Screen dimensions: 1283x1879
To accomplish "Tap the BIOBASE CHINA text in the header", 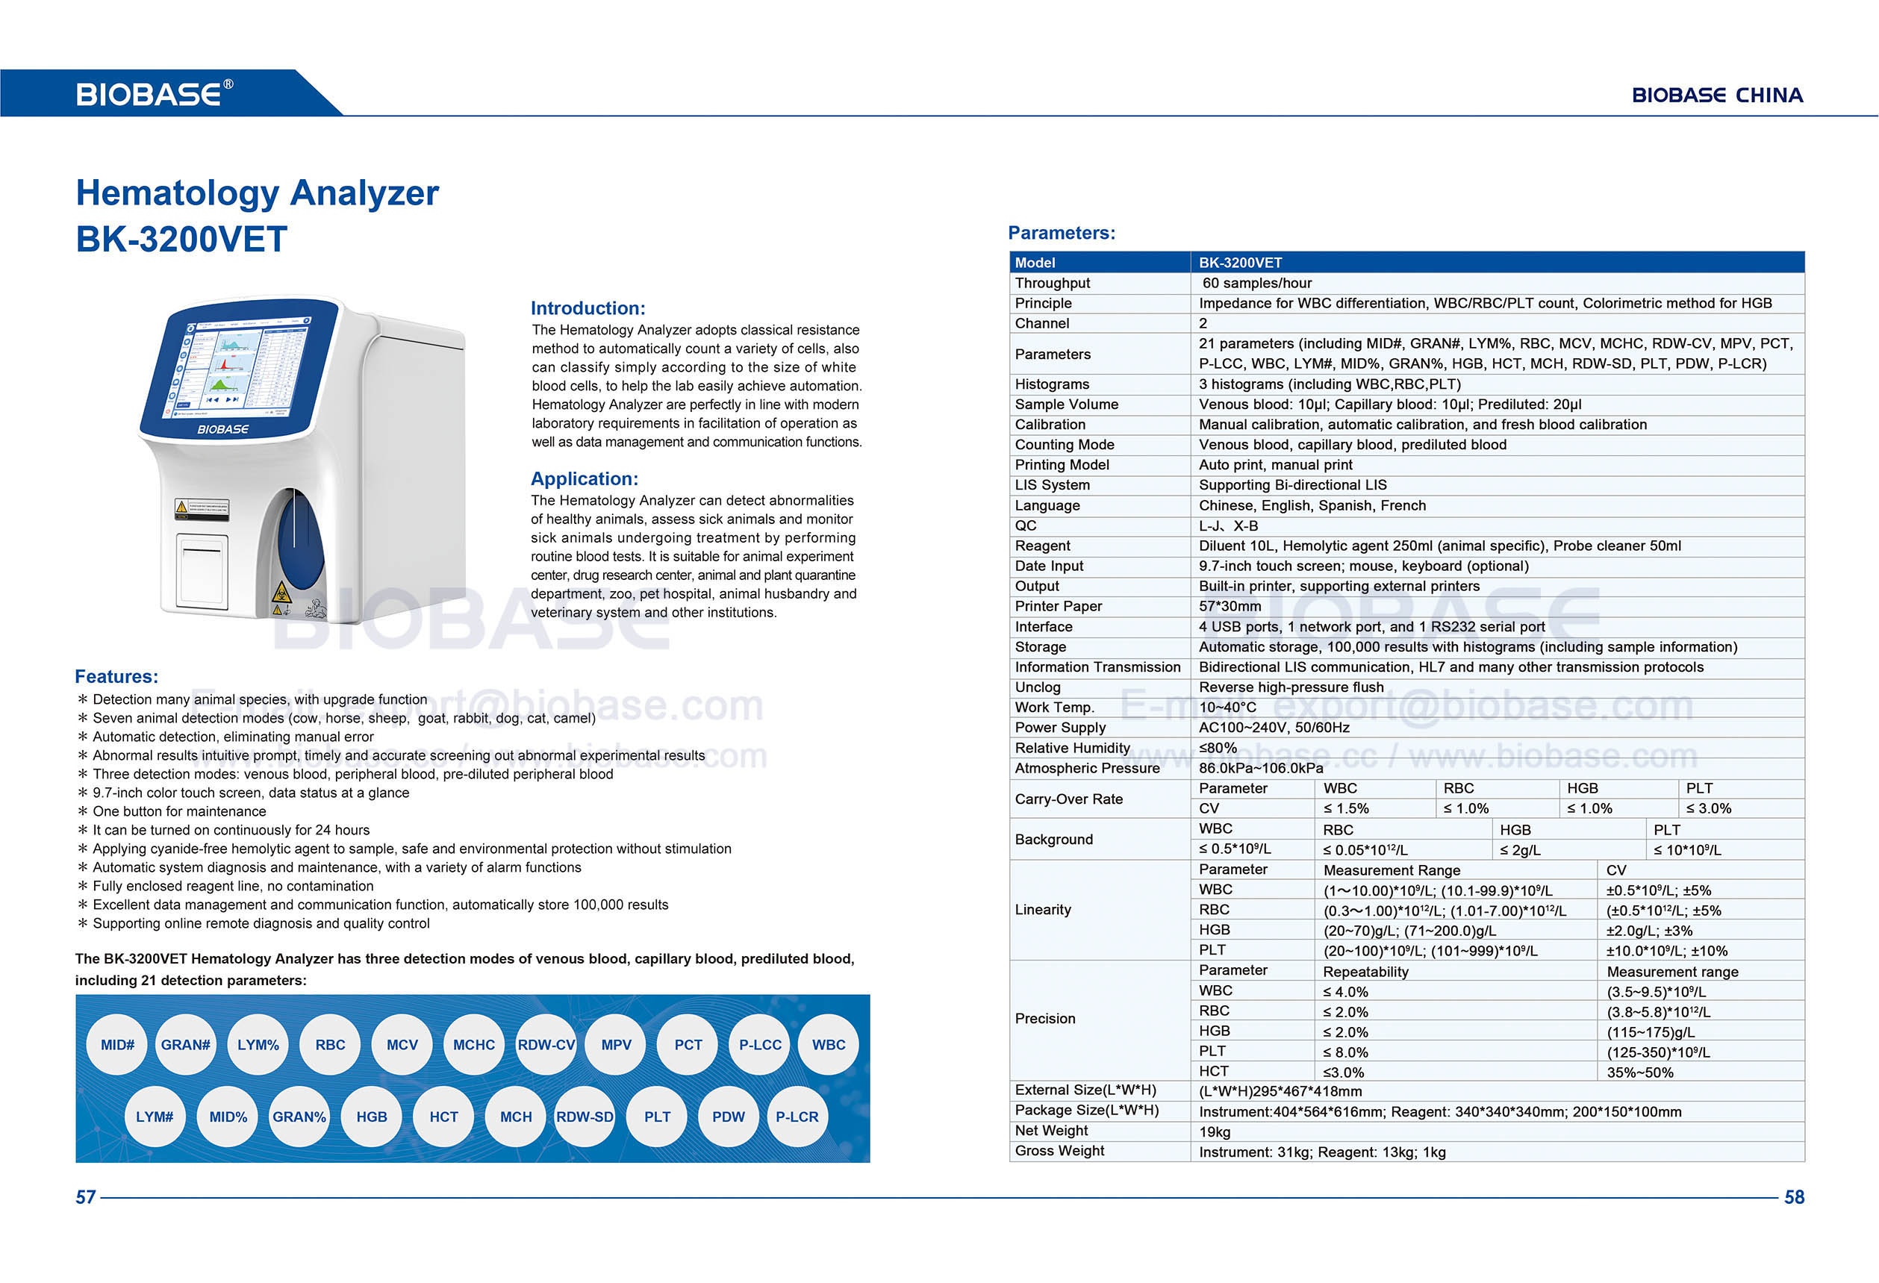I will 1716,96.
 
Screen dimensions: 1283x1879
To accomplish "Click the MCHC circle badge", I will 474,1044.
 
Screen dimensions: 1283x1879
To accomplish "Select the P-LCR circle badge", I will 797,1117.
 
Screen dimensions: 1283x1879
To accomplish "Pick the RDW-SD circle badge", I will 585,1117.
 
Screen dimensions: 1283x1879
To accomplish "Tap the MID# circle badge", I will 117,1044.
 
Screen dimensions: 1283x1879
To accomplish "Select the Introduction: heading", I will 588,308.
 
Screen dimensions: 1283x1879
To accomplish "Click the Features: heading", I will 116,677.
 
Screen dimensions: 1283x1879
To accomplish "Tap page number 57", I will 86,1197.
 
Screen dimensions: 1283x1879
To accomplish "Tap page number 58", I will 1794,1197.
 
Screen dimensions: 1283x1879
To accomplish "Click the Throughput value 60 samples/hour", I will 1256,283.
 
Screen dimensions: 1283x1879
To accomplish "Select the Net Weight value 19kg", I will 1215,1131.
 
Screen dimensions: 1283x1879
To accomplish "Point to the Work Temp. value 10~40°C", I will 1227,708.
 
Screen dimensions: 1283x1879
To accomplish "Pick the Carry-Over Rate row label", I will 1069,799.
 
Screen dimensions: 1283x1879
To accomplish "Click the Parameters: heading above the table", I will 1062,233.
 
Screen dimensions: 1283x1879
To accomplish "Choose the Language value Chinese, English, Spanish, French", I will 1312,505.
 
